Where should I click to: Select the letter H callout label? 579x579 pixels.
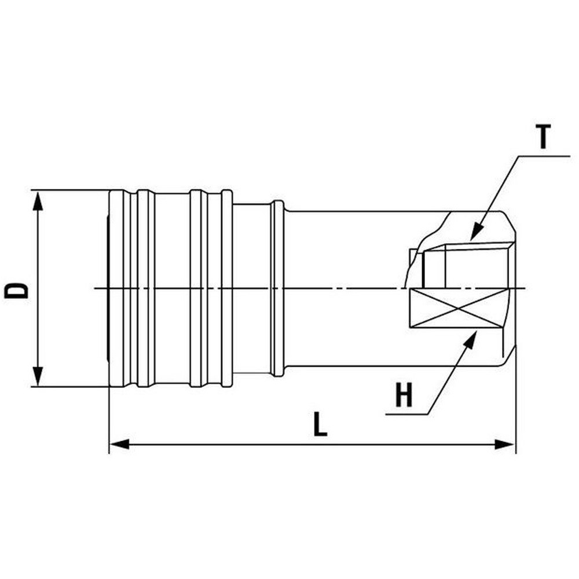coord(404,397)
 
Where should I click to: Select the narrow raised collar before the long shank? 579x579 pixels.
coord(278,288)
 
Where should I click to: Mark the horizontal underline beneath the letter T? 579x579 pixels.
coord(544,155)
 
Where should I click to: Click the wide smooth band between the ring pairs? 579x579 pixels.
coord(172,288)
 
